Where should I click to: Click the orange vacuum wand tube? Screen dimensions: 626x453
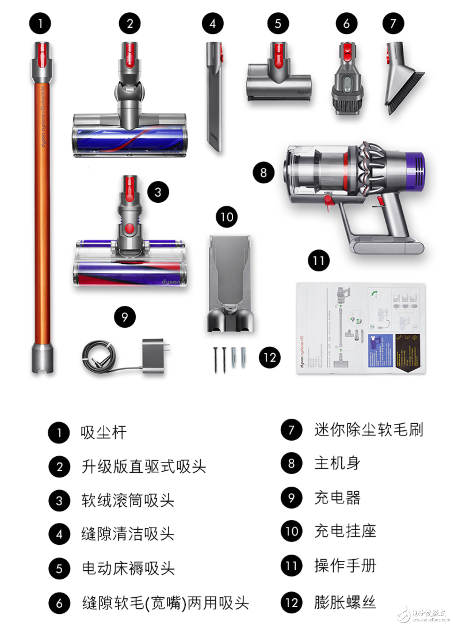(x=42, y=215)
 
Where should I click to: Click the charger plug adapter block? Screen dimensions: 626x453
(x=154, y=355)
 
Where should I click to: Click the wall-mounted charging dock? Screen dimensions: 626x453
(x=230, y=284)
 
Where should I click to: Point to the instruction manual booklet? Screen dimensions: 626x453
(x=361, y=328)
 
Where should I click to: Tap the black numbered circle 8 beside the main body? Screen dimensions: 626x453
(x=264, y=172)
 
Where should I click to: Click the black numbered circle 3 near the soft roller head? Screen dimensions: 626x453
(x=158, y=192)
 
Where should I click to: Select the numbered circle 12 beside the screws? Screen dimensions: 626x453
(x=269, y=358)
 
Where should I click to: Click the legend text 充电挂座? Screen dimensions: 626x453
(x=345, y=531)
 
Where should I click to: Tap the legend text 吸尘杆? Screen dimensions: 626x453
(x=104, y=433)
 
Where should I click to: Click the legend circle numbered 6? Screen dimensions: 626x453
(x=59, y=603)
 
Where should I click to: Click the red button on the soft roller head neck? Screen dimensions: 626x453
(x=130, y=229)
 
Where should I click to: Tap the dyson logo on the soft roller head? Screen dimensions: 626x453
(x=170, y=282)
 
